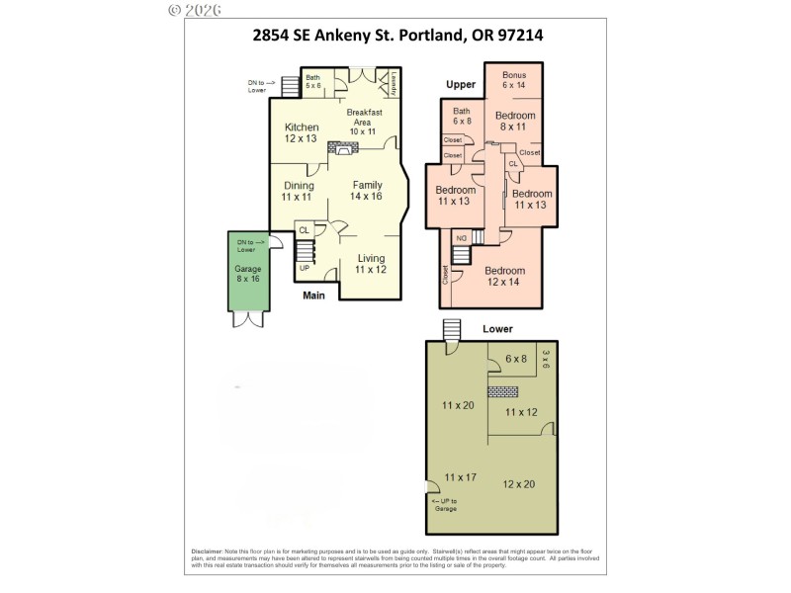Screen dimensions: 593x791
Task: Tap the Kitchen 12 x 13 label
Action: pos(302,133)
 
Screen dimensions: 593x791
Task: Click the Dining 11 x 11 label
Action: pos(299,191)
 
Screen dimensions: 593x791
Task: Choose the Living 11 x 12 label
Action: pos(370,264)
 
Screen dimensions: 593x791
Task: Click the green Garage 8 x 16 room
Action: pos(246,273)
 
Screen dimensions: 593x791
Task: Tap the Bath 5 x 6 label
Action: pos(313,82)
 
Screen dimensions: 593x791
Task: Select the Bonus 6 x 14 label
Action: pos(514,81)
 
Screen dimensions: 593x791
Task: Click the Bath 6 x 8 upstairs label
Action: pos(461,117)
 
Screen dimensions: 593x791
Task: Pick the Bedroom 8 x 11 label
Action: pos(514,121)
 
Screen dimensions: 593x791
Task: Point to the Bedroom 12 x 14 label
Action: pos(504,276)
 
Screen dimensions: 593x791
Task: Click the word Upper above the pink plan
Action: pos(461,85)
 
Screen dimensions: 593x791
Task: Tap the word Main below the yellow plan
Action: pos(313,294)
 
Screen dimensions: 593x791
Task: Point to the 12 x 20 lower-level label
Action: pos(518,484)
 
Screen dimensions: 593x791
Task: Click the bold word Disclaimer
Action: pos(207,551)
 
